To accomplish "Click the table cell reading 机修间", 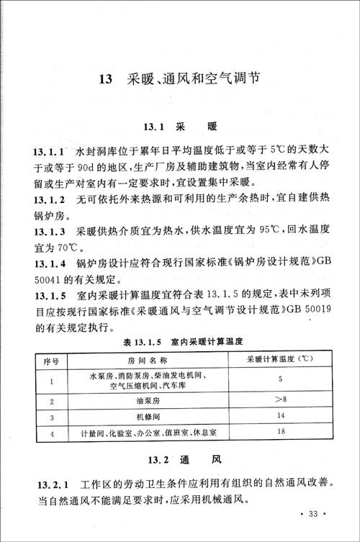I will click(x=148, y=417).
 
